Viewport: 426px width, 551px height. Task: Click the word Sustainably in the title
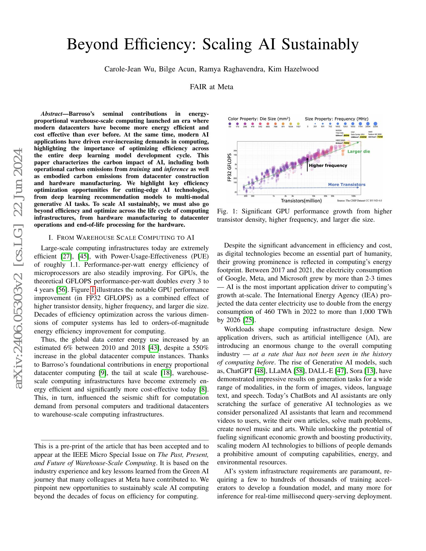pos(320,44)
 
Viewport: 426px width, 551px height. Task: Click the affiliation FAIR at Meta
pos(211,87)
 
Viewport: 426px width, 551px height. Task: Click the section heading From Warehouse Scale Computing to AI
pos(121,237)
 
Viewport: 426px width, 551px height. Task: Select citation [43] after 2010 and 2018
pos(154,348)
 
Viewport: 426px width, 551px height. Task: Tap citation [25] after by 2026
pos(249,320)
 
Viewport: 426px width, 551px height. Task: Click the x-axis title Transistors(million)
pos(301,201)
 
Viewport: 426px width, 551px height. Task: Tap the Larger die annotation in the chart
pos(359,151)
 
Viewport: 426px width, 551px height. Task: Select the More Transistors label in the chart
pos(347,184)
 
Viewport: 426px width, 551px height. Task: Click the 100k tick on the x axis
pos(353,196)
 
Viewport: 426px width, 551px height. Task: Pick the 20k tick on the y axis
pos(235,151)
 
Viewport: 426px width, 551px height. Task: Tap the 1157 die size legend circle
pos(298,124)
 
